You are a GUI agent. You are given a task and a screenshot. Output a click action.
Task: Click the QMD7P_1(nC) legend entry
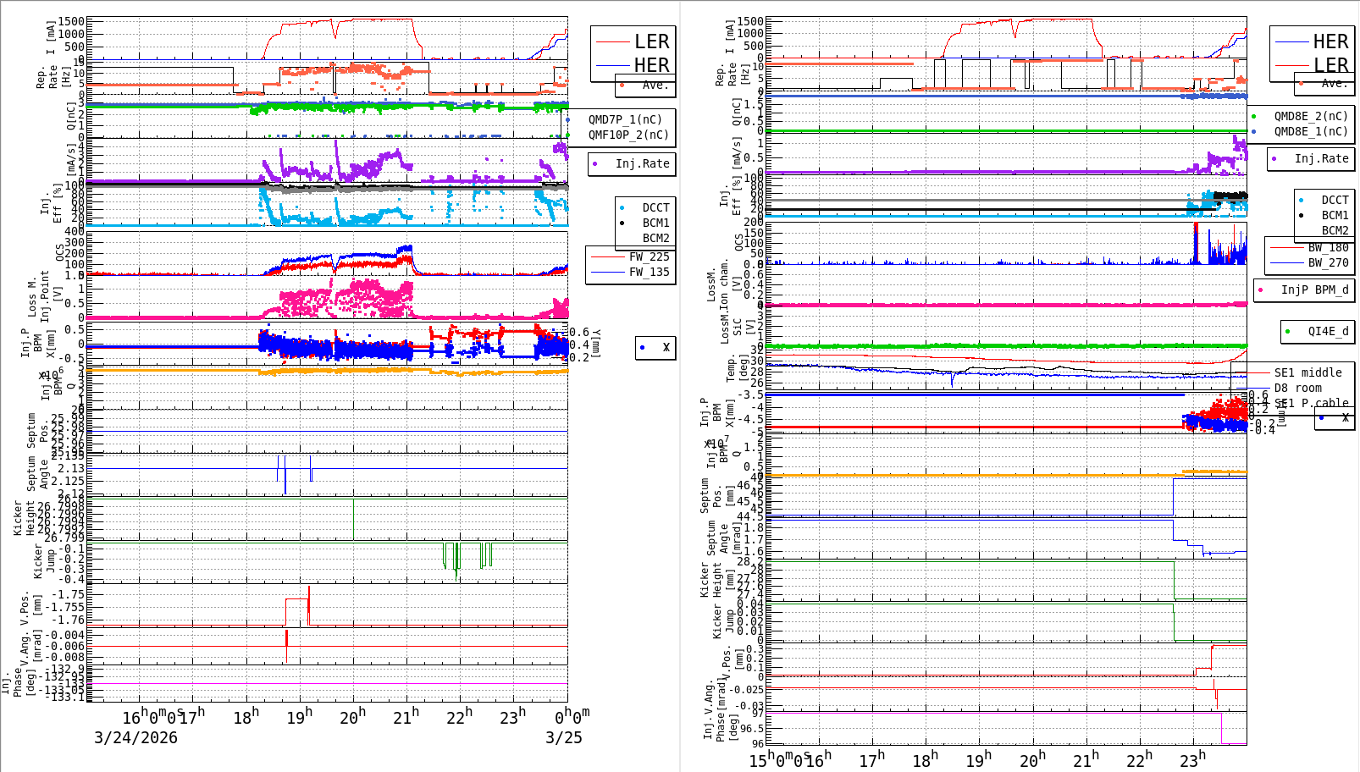[625, 119]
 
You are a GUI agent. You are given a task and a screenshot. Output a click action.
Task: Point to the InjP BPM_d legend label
[1314, 289]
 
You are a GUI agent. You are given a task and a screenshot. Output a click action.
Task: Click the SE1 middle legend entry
[1307, 372]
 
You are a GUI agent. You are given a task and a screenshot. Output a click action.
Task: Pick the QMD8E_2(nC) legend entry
[1311, 116]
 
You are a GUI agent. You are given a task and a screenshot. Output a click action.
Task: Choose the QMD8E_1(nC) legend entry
[1311, 131]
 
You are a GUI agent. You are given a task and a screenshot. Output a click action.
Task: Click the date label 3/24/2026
[135, 737]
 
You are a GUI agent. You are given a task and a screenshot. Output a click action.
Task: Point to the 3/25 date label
[563, 737]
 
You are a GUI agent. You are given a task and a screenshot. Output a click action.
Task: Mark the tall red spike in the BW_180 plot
[1196, 241]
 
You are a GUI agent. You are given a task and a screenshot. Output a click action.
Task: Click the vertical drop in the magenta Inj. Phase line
[1221, 728]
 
